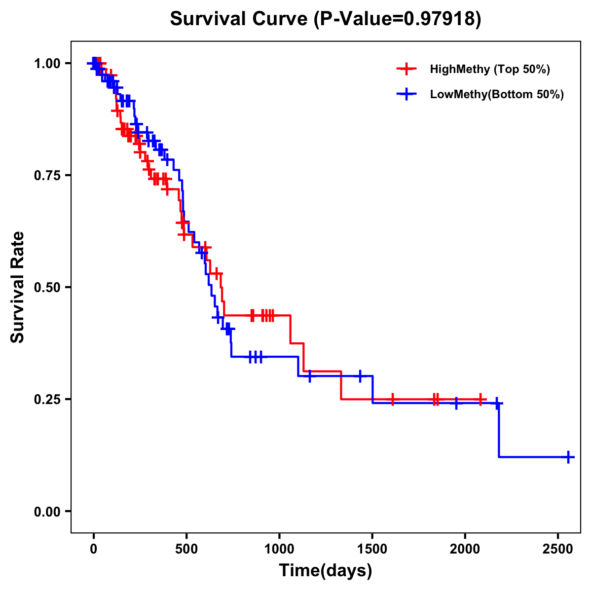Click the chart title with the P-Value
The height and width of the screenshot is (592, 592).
(x=326, y=19)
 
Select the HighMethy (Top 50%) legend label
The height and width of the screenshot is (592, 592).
(x=490, y=69)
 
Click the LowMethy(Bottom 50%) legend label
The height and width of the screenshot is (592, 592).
(x=497, y=95)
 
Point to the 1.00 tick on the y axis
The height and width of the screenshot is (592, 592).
(x=47, y=64)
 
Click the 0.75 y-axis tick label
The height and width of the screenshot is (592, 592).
(x=47, y=176)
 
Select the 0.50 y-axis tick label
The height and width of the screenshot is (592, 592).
(x=47, y=288)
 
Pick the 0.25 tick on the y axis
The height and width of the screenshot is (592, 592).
(x=47, y=400)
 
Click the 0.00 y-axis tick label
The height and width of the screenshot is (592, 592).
(x=47, y=512)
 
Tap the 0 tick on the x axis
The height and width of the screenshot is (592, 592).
(x=94, y=550)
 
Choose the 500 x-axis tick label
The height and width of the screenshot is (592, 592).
(x=186, y=550)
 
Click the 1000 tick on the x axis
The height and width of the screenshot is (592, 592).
(x=279, y=550)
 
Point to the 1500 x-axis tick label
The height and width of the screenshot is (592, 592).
(x=372, y=550)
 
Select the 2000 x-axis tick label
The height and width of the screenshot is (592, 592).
(x=465, y=550)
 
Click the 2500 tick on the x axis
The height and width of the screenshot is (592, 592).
(x=558, y=550)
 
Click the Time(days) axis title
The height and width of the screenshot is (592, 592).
(x=326, y=571)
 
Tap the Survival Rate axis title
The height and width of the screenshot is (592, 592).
(x=18, y=287)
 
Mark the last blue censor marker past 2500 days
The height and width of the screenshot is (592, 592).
(x=568, y=457)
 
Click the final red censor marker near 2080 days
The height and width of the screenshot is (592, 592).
(x=480, y=399)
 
